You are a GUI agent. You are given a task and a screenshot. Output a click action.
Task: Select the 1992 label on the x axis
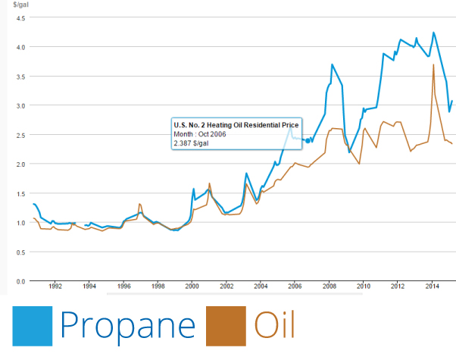click(x=55, y=286)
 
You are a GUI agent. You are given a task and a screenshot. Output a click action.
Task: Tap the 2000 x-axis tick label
click(x=192, y=286)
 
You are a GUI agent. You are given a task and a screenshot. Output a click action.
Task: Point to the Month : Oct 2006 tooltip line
click(x=200, y=134)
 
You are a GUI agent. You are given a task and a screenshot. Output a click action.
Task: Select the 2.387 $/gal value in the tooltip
click(x=191, y=143)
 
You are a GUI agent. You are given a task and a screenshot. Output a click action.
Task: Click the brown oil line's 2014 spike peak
click(x=433, y=64)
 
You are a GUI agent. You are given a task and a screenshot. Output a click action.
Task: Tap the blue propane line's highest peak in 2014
click(x=433, y=33)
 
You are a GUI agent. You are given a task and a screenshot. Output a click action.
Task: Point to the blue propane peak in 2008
click(x=332, y=64)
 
